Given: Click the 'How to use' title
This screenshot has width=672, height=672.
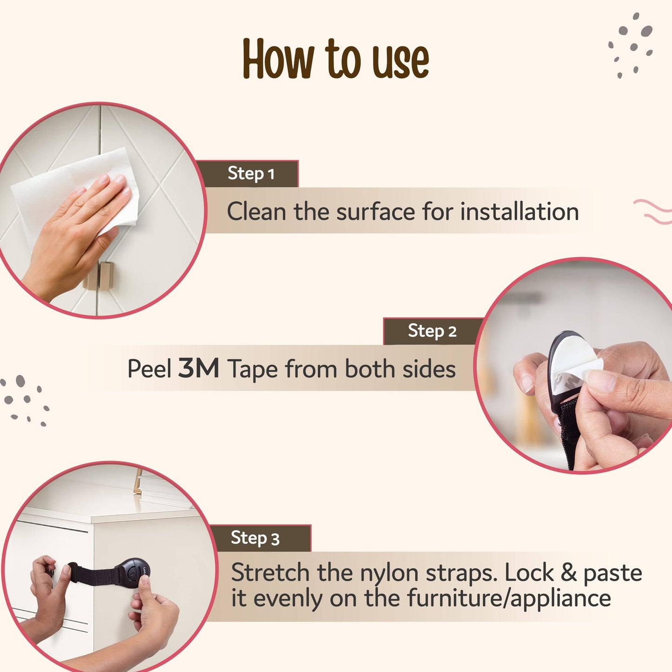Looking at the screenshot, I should (x=335, y=59).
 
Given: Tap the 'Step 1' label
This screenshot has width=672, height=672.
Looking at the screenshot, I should (x=251, y=174).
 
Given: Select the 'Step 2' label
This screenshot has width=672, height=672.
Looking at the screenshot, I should (x=432, y=331).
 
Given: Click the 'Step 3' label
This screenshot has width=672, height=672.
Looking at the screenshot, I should (x=255, y=538).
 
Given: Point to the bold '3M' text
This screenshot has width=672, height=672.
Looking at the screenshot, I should (x=199, y=369).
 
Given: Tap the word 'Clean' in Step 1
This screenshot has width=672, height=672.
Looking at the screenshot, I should (x=256, y=212).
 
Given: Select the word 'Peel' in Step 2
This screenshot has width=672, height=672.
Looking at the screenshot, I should (x=149, y=369).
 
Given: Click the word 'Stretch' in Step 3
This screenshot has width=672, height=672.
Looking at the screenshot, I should (x=270, y=572).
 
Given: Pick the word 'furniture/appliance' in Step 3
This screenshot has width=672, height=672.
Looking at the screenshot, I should (x=509, y=599).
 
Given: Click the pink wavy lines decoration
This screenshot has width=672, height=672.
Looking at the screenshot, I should (x=653, y=212).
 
